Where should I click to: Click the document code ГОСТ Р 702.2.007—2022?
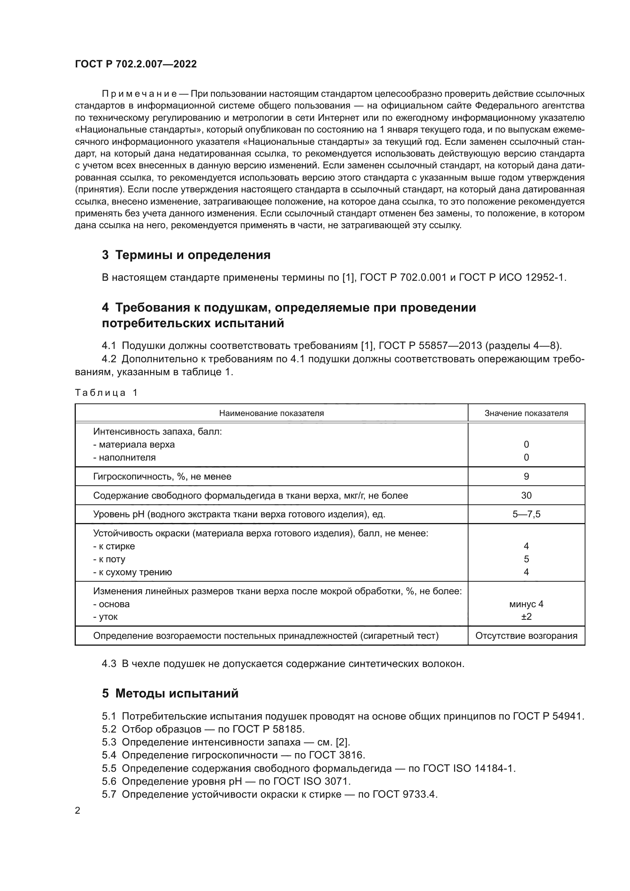pyautogui.click(x=136, y=64)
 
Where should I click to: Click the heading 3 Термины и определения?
pyautogui.click(x=186, y=255)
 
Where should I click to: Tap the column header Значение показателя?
pyautogui.click(x=526, y=413)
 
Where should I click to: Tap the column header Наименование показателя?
pyautogui.click(x=271, y=413)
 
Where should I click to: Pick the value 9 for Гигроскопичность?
pyautogui.click(x=526, y=477)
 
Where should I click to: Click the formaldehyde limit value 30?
pyautogui.click(x=526, y=496)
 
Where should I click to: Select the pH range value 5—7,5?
pyautogui.click(x=526, y=515)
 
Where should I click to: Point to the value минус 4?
pyautogui.click(x=526, y=604)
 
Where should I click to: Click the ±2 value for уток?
pyautogui.click(x=526, y=617)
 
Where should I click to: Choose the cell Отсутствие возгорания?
pyautogui.click(x=526, y=636)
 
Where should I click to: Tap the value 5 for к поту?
pyautogui.click(x=526, y=559)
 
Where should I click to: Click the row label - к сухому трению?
pyautogui.click(x=133, y=573)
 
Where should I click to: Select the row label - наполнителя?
pyautogui.click(x=125, y=457)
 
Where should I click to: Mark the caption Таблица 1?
pyautogui.click(x=106, y=393)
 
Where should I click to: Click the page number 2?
pyautogui.click(x=78, y=811)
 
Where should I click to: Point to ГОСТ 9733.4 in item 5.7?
pyautogui.click(x=405, y=794)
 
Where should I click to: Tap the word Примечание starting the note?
pyautogui.click(x=139, y=94)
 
